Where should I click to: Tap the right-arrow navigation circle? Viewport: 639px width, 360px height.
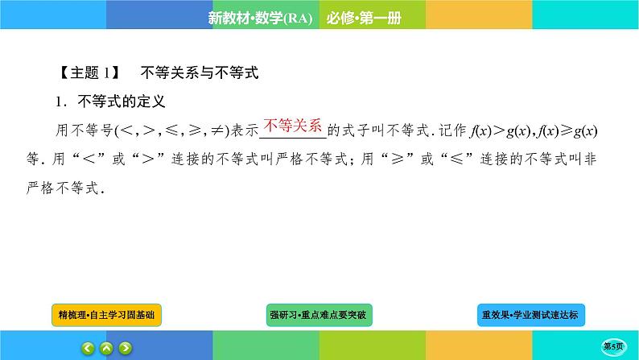point(126,348)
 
